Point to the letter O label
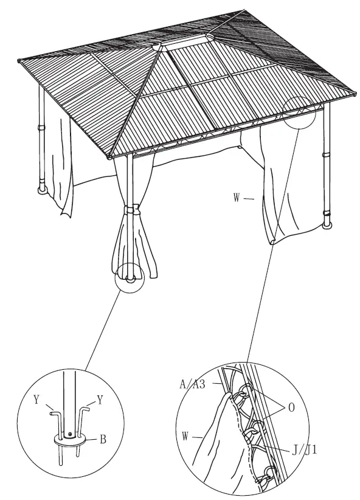click(x=291, y=408)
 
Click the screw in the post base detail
click(x=71, y=434)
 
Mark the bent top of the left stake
click(x=54, y=412)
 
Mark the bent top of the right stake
click(x=88, y=411)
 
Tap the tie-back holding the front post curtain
click(x=130, y=210)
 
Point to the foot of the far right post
click(x=328, y=226)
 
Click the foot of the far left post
click(x=41, y=189)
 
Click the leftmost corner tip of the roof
click(x=18, y=60)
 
